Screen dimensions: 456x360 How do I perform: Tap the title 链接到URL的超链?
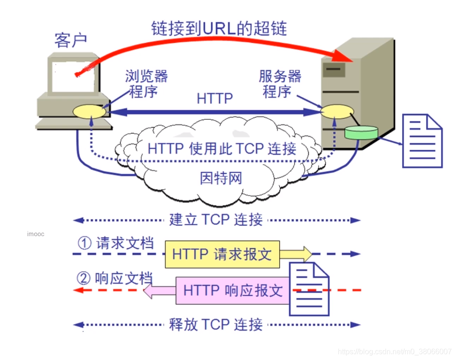pyautogui.click(x=219, y=29)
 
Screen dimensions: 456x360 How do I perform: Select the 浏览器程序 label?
pyautogui.click(x=146, y=83)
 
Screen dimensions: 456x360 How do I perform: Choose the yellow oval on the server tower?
pyautogui.click(x=337, y=111)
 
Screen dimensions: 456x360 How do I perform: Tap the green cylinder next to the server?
pyautogui.click(x=361, y=133)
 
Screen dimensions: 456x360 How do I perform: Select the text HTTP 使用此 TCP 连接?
pyautogui.click(x=222, y=148)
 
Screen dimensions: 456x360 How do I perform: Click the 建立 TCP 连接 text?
pyautogui.click(x=216, y=220)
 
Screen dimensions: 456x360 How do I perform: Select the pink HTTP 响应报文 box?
pyautogui.click(x=232, y=290)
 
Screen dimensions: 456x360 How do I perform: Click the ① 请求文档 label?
pyautogui.click(x=115, y=243)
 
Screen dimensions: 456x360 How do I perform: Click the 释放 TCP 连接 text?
pyautogui.click(x=216, y=325)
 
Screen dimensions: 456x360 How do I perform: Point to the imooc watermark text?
pyautogui.click(x=35, y=234)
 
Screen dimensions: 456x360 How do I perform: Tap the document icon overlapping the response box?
pyautogui.click(x=309, y=289)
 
